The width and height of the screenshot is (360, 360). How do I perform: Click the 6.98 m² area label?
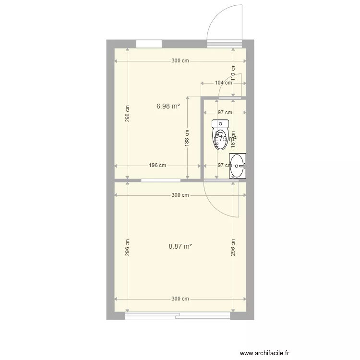click(168, 106)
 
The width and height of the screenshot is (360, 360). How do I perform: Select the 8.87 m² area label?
click(180, 246)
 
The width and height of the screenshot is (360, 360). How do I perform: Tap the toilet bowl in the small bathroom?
click(220, 136)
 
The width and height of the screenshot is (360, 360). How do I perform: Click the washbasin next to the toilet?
click(238, 166)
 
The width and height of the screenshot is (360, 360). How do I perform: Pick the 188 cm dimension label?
click(187, 138)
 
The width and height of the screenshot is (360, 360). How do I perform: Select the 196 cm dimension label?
click(157, 166)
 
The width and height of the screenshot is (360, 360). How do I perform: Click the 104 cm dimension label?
click(223, 83)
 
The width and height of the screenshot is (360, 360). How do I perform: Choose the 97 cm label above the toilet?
click(225, 113)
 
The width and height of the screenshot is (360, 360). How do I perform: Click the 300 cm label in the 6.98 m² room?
click(180, 61)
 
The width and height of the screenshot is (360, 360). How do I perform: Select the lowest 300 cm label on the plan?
click(180, 299)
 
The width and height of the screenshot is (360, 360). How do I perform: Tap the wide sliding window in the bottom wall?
click(178, 316)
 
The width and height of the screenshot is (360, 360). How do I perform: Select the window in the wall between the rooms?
click(161, 180)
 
